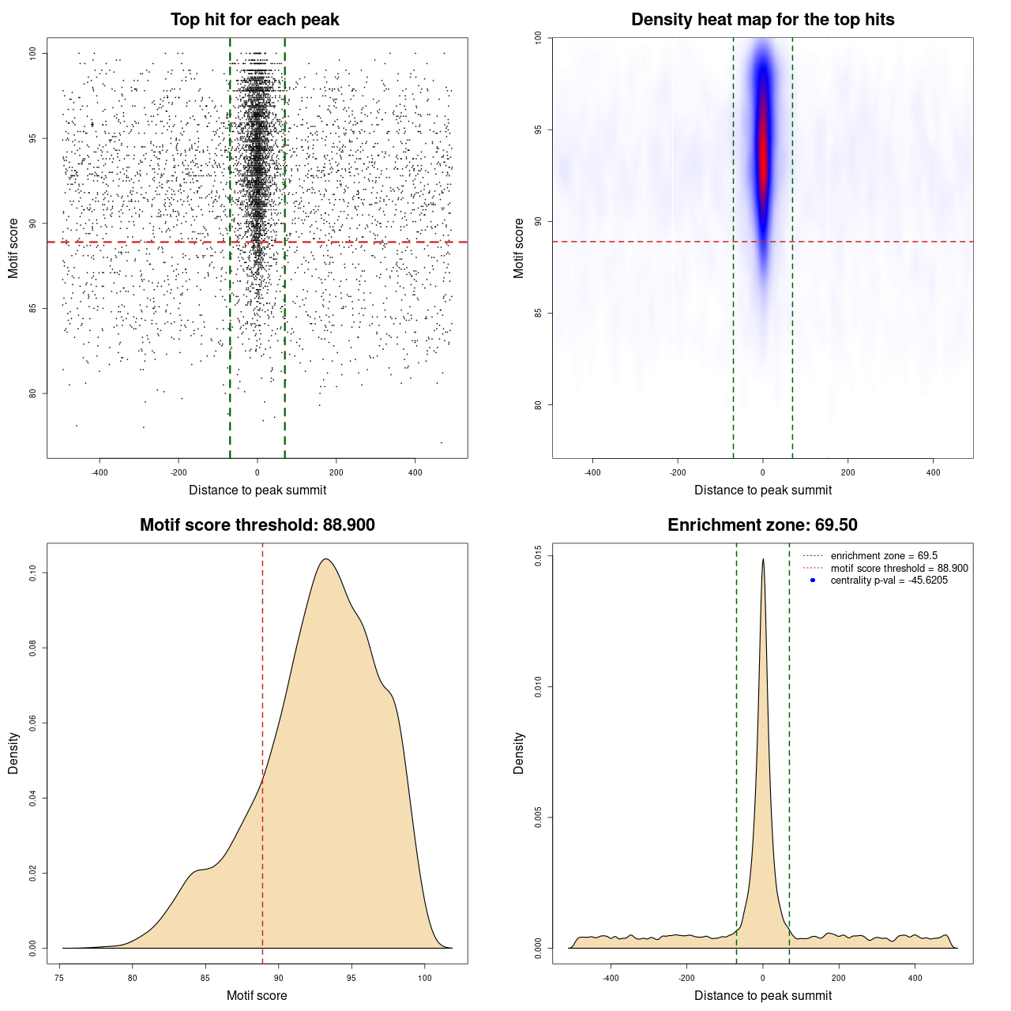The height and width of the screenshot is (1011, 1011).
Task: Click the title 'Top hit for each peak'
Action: pos(254,20)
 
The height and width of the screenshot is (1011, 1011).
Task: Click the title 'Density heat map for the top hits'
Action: pos(762,20)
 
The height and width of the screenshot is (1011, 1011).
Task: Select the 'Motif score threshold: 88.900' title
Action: pos(257,525)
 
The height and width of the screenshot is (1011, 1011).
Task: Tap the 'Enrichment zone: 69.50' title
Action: pos(762,525)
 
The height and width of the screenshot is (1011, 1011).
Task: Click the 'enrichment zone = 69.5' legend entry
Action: pos(883,556)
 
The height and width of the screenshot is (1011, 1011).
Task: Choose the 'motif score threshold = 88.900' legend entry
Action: pos(899,569)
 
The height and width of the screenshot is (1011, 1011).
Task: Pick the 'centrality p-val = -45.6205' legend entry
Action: pos(889,581)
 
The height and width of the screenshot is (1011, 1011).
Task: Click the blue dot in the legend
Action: pos(813,581)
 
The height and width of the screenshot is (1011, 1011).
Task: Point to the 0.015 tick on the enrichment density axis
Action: pos(539,556)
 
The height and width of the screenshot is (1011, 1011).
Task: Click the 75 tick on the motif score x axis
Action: pos(59,978)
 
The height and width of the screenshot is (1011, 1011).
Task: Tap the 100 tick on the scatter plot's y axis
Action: pos(33,53)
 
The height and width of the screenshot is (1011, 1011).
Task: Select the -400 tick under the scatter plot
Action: pos(100,472)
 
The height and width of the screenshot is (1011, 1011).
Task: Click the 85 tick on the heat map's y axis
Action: pos(539,314)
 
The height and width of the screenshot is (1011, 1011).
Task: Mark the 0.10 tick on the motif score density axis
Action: pos(33,573)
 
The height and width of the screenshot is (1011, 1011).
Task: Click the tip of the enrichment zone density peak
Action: pos(763,560)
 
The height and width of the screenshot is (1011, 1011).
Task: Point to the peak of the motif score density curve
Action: pos(325,559)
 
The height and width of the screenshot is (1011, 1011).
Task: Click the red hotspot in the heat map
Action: pos(763,150)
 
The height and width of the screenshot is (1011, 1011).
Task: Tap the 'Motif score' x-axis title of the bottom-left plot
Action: pos(257,995)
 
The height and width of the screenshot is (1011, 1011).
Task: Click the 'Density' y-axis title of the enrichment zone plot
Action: pos(519,753)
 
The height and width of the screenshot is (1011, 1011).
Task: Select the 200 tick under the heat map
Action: pos(848,472)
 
